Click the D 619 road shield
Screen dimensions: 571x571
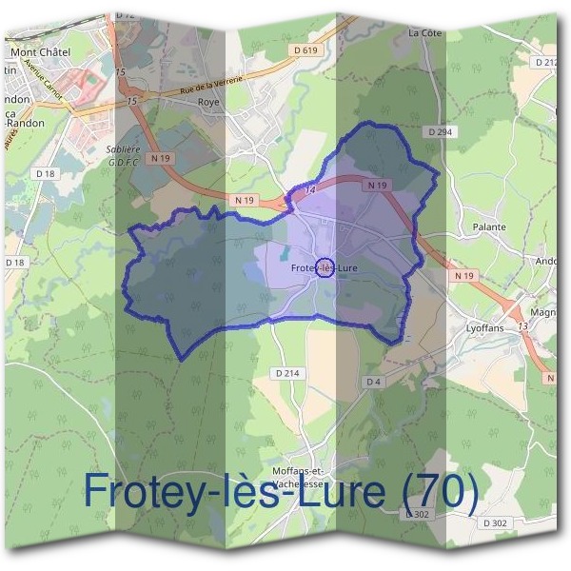coord(305,49)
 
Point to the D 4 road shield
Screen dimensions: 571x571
coord(374,383)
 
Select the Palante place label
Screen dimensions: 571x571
coord(489,227)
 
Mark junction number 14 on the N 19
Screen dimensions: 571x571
coord(310,190)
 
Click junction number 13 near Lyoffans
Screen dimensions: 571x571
coord(522,326)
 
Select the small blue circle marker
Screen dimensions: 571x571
coord(324,267)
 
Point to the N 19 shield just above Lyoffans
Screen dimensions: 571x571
coord(464,275)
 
